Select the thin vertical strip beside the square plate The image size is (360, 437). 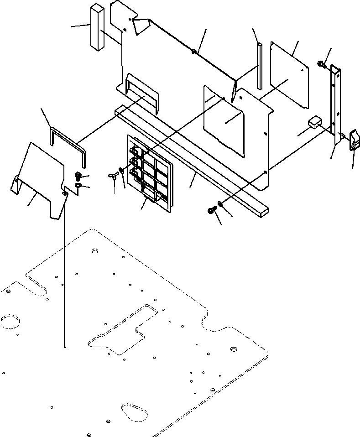click(x=260, y=66)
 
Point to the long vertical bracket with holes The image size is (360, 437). click(x=336, y=105)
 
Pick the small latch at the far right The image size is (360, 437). click(x=354, y=140)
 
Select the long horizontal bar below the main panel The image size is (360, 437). click(x=192, y=160)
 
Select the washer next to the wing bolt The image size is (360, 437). click(x=121, y=171)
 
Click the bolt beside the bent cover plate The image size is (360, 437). click(x=77, y=175)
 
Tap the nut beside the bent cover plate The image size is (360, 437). click(x=77, y=185)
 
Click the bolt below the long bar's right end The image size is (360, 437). click(x=212, y=210)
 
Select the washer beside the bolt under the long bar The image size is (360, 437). click(x=220, y=203)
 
